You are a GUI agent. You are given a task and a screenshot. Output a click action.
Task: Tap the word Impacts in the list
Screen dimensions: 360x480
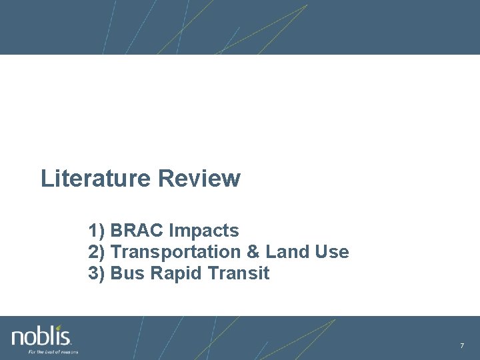click(x=204, y=231)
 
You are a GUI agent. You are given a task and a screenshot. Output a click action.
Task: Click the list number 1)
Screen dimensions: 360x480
click(x=97, y=231)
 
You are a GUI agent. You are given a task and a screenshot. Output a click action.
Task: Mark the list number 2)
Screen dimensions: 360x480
click(x=97, y=252)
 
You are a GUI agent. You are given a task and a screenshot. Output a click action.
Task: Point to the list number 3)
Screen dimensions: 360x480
click(x=97, y=273)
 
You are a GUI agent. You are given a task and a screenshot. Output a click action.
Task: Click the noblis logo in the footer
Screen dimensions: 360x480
click(x=41, y=336)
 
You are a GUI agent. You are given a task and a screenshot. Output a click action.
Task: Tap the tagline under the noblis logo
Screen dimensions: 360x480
click(x=53, y=351)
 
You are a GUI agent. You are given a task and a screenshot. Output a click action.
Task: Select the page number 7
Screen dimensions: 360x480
click(x=461, y=345)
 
